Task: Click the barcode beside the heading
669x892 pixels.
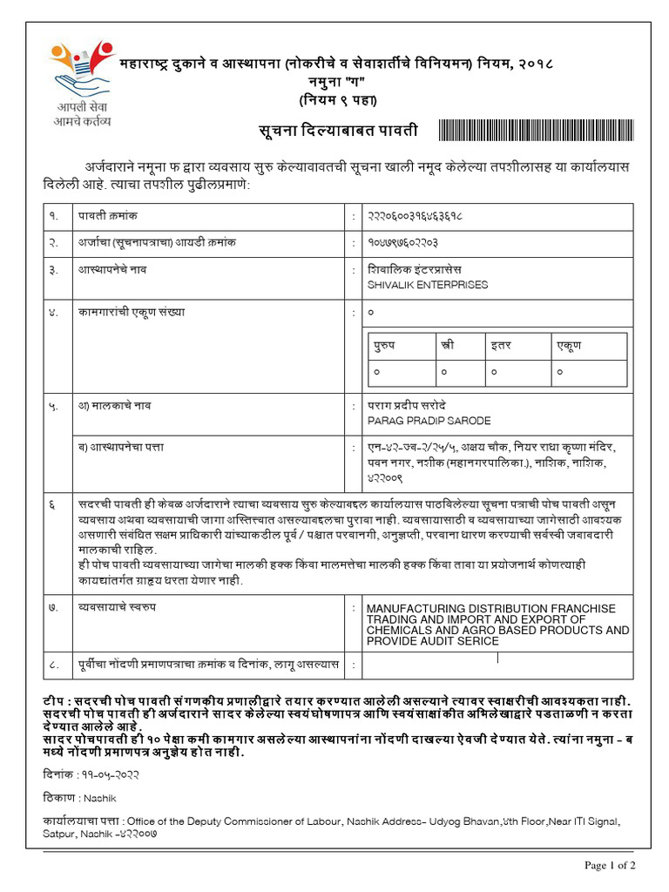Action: [x=534, y=132]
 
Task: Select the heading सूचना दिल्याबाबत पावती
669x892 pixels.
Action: [x=339, y=131]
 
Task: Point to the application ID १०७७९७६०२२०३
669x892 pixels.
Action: [x=402, y=241]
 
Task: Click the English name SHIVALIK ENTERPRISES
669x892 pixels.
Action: [x=428, y=285]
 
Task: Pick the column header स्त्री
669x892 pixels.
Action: [x=447, y=346]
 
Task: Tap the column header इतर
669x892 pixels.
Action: [x=500, y=346]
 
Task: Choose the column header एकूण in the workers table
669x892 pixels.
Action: [x=568, y=346]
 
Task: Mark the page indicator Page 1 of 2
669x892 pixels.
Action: [x=610, y=865]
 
